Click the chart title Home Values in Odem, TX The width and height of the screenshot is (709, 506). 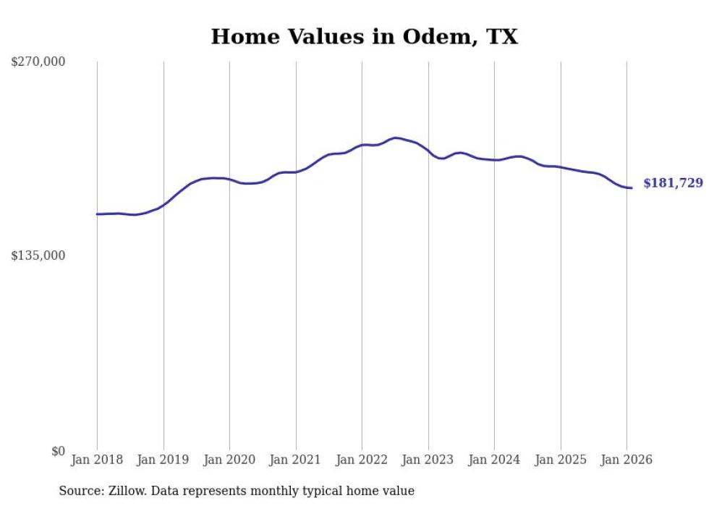tap(364, 36)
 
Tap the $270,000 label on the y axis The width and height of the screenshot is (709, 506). tap(38, 62)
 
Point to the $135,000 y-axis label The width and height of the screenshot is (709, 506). tap(38, 256)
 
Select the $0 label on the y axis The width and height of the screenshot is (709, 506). tap(58, 451)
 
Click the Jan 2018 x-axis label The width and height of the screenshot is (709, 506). tap(97, 460)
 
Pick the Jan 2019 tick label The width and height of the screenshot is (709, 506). tap(164, 460)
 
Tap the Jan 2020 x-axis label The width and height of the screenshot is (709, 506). tap(229, 460)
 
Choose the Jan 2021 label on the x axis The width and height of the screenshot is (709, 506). tap(296, 460)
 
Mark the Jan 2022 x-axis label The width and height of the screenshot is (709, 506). tap(362, 460)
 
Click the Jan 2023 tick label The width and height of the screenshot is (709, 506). tap(428, 460)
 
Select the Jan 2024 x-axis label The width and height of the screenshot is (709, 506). tap(494, 460)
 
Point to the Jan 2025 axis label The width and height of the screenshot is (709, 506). tap(561, 460)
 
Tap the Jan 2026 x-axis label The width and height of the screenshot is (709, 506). tap(627, 460)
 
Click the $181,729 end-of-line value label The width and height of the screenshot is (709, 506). tap(673, 183)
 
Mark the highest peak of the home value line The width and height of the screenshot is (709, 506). tap(395, 138)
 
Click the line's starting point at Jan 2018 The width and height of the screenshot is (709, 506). tap(97, 214)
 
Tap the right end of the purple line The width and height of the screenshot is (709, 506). tap(632, 188)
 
